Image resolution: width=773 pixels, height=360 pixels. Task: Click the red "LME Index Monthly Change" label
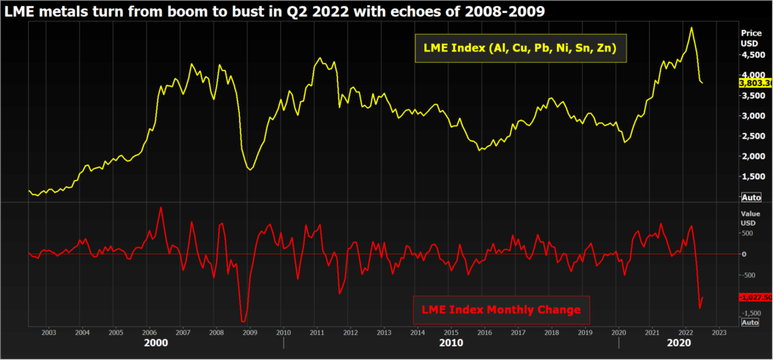point(502,309)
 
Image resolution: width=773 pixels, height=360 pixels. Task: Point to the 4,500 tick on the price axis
point(753,55)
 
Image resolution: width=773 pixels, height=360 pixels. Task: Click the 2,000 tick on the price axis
point(753,156)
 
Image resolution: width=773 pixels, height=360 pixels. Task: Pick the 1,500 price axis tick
point(753,177)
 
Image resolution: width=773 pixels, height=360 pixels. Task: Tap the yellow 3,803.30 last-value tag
point(756,82)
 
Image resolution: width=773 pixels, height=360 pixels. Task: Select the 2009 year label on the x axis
point(249,332)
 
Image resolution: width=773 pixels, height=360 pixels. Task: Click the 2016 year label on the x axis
point(484,332)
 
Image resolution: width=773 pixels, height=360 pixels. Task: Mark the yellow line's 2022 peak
point(691,28)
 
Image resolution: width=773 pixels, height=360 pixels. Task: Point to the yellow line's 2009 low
point(250,169)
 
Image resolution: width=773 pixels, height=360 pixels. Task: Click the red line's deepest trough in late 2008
point(243,322)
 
